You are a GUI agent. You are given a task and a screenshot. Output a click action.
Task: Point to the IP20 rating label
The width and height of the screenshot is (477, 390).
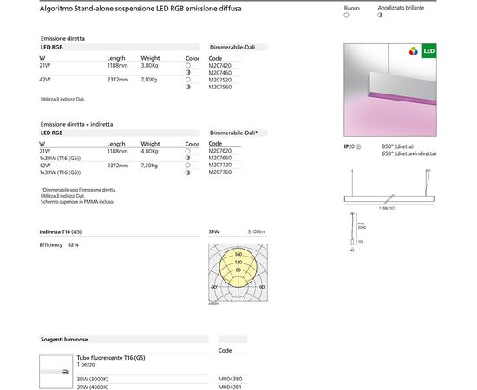pos(351,147)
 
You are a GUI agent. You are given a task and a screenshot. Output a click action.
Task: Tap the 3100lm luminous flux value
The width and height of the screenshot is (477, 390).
pos(256,231)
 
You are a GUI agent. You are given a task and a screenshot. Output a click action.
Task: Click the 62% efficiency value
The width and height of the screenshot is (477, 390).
pos(73,245)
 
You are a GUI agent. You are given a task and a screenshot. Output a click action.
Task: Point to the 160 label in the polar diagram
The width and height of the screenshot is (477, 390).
pos(238,253)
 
